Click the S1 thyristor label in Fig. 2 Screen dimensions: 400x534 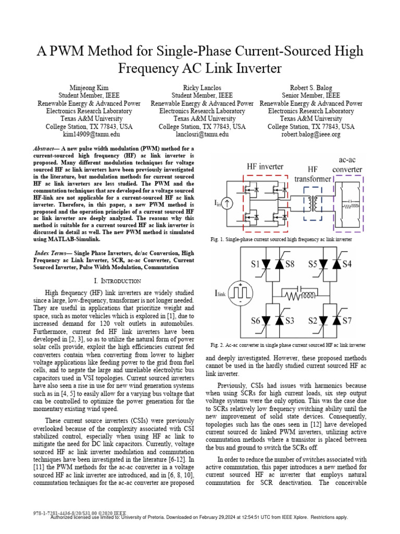255,264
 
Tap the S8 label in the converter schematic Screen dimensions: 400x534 290,264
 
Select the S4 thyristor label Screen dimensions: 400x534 346,264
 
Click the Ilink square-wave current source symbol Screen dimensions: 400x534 241,294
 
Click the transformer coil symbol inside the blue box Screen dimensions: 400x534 313,200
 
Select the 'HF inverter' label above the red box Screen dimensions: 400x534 265,166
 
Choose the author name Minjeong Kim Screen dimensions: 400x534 89,87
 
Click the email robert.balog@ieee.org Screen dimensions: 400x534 311,135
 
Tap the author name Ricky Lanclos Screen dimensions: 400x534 202,87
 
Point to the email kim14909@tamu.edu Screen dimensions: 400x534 89,135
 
